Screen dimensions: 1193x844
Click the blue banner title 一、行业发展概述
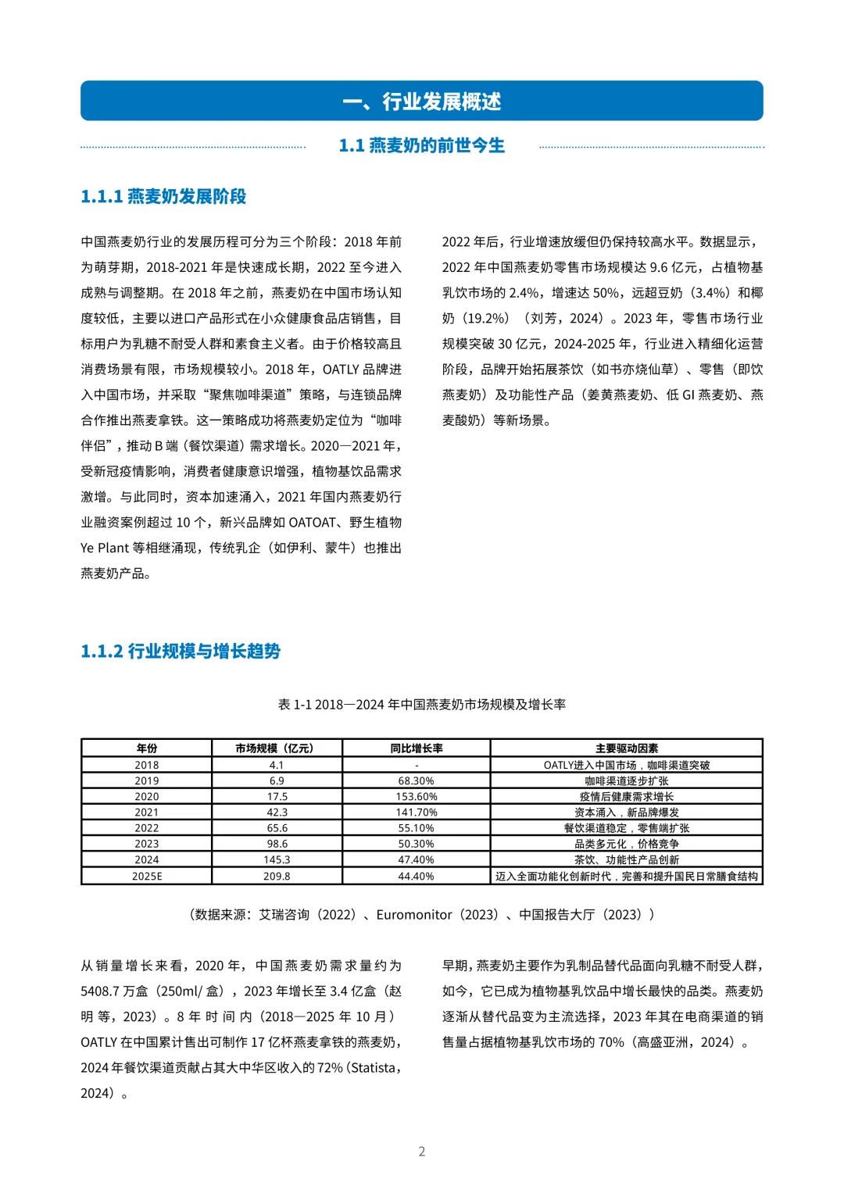421,102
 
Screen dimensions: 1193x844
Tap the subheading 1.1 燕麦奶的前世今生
421,146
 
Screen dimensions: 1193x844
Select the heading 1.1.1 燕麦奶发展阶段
163,197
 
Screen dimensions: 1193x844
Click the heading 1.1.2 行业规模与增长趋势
181,652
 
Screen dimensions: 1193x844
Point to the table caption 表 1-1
421,705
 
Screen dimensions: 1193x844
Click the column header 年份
146,748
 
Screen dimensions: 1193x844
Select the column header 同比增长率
416,748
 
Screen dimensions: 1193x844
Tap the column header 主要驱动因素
626,748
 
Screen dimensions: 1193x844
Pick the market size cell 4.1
277,766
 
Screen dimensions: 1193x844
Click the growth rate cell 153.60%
416,797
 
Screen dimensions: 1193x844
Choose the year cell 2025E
146,877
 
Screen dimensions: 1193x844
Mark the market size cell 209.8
277,877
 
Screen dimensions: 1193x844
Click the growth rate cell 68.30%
416,781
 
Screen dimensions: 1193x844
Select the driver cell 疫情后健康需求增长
626,797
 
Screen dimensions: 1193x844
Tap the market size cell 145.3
277,860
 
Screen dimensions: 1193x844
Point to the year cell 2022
146,828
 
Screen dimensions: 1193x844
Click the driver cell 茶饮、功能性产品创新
626,860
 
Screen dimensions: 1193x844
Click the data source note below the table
421,915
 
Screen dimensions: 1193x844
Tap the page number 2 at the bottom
422,1152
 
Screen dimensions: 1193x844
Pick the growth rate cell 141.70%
416,813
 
